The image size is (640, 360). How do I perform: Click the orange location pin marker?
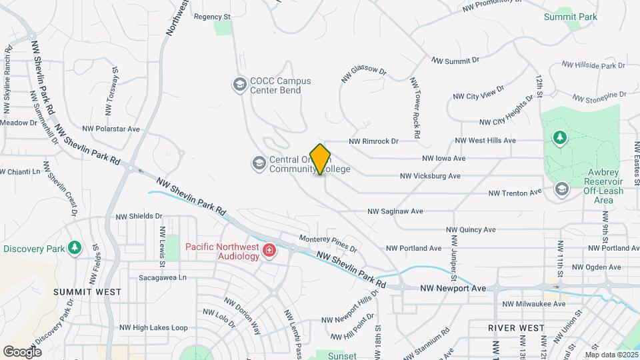[x=321, y=159]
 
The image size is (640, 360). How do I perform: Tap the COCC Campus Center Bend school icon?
[x=239, y=85]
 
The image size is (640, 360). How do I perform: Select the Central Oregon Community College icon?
[x=258, y=163]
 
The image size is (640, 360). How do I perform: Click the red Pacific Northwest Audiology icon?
[x=269, y=251]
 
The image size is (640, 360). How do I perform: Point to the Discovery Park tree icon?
[x=75, y=249]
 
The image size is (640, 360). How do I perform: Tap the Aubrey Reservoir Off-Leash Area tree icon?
[x=560, y=138]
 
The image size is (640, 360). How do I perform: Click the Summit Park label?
[x=570, y=17]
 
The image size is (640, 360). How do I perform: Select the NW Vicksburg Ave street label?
[x=430, y=176]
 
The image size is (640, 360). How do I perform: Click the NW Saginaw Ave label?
[x=395, y=211]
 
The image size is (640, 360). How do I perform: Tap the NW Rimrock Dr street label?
[x=373, y=141]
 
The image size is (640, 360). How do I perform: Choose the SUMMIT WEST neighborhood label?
[x=87, y=292]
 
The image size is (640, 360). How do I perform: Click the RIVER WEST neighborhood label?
[x=516, y=328]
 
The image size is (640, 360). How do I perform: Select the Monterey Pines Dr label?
[x=328, y=244]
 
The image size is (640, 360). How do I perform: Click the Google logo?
[x=22, y=351]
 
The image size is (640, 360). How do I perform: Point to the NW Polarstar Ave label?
[x=111, y=129]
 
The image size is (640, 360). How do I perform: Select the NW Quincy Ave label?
[x=471, y=229]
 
